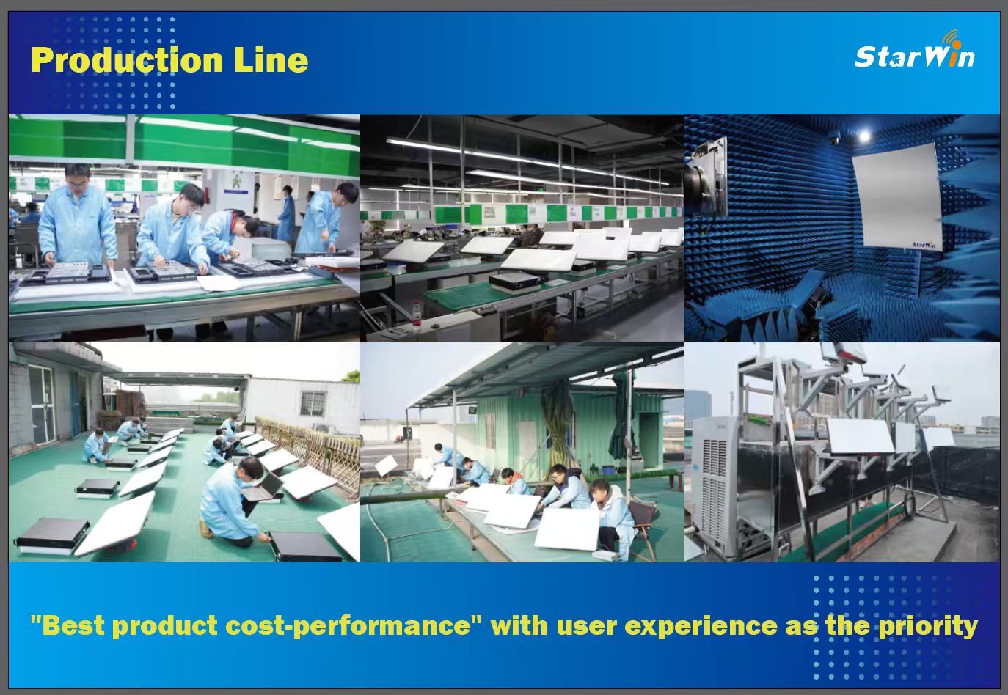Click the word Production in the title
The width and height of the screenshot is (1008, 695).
tap(127, 60)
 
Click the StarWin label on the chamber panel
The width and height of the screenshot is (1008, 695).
tap(924, 245)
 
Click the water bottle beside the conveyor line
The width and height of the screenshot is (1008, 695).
tap(416, 315)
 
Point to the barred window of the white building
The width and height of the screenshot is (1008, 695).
tap(313, 404)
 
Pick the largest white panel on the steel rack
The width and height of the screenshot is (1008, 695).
tap(860, 435)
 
